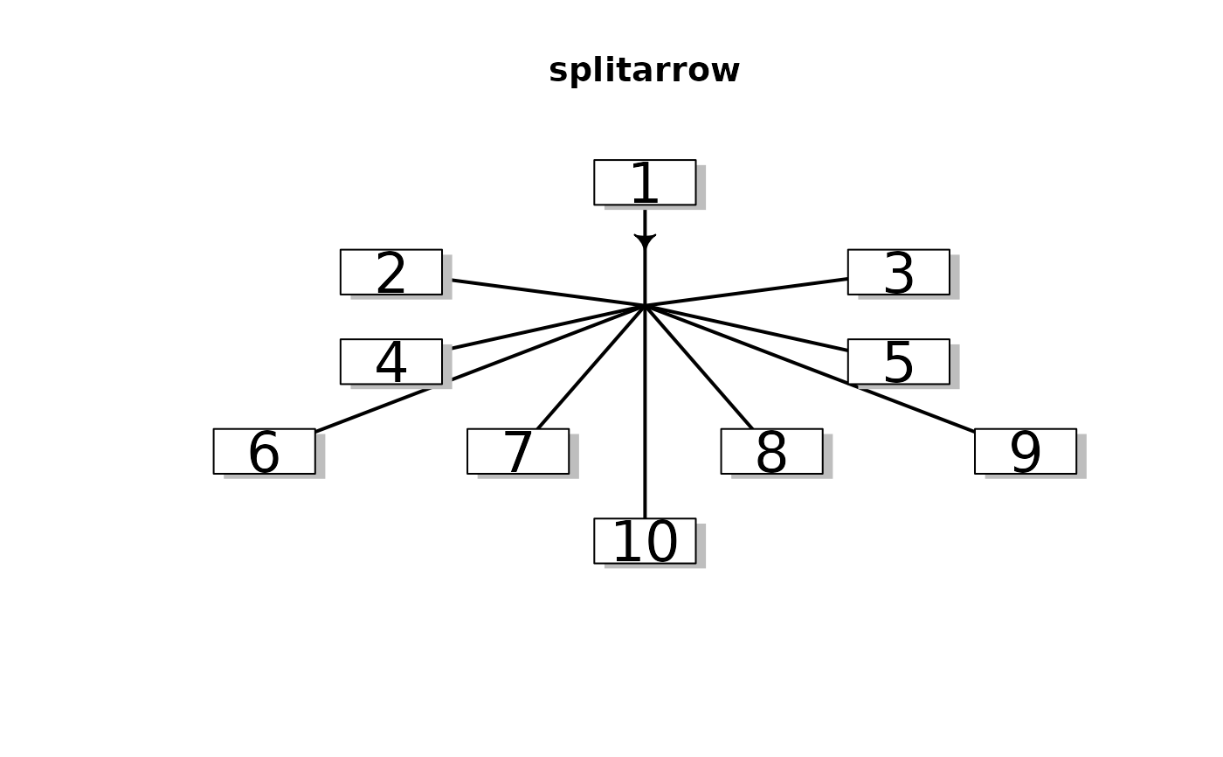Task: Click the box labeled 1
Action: click(x=645, y=182)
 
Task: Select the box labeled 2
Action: click(x=390, y=272)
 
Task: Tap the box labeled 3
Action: click(x=898, y=272)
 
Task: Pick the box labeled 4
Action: click(x=390, y=361)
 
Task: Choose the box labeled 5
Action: click(x=898, y=361)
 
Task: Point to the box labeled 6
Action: click(x=264, y=451)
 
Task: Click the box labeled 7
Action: click(x=517, y=451)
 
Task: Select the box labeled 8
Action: click(x=771, y=451)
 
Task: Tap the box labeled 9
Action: click(x=1025, y=451)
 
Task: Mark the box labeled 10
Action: click(x=645, y=540)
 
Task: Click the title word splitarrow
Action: click(x=645, y=71)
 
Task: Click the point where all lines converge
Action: click(x=645, y=306)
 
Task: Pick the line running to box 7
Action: click(x=590, y=369)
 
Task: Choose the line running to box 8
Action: click(x=700, y=369)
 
